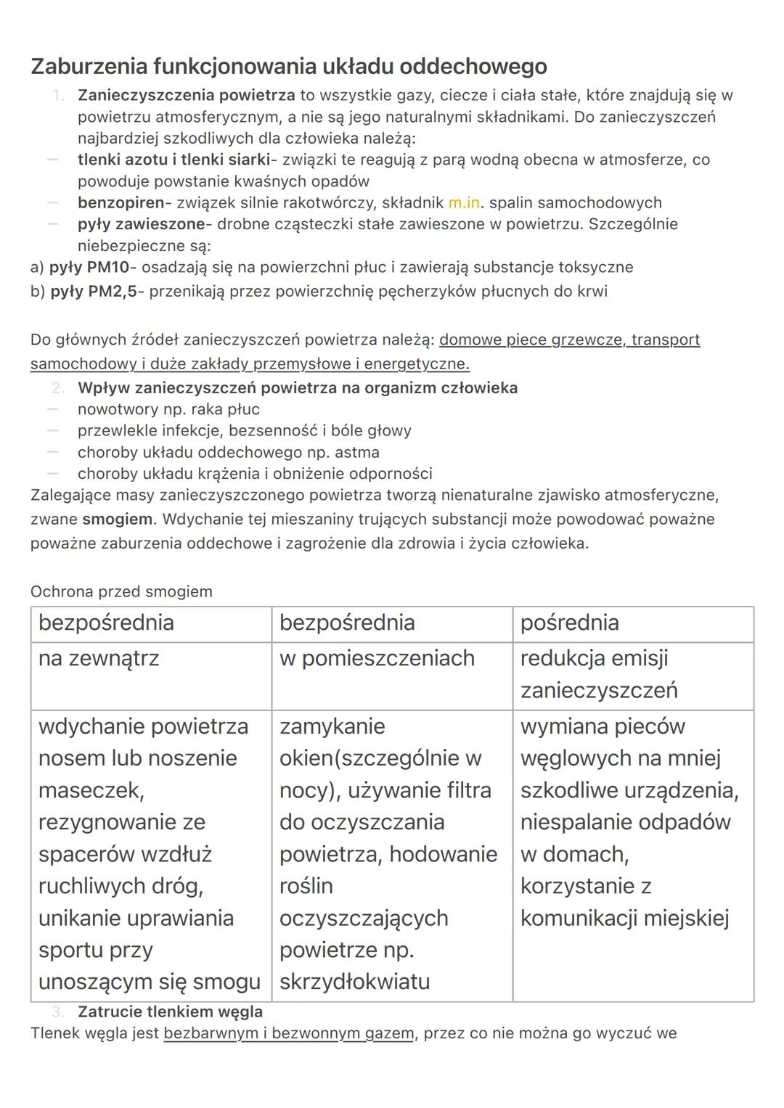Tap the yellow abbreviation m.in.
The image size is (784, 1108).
[x=465, y=202]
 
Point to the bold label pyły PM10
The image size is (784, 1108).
[x=89, y=267]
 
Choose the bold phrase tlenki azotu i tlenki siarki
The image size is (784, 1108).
[x=173, y=160]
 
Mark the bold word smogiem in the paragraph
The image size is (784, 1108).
[x=118, y=520]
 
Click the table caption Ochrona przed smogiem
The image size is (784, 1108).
[x=121, y=591]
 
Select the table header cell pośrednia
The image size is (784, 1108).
[x=569, y=623]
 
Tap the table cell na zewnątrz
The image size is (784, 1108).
[x=99, y=658]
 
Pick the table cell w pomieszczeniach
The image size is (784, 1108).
[x=377, y=658]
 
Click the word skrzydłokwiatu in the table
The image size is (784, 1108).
[x=354, y=982]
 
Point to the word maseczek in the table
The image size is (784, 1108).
[x=91, y=790]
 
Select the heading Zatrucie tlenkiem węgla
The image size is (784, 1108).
[x=170, y=1011]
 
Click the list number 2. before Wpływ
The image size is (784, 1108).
[x=58, y=388]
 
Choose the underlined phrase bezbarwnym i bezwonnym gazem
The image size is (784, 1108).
[x=289, y=1033]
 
